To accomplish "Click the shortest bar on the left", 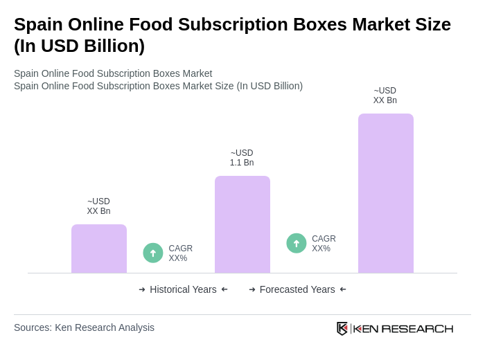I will pos(99,249).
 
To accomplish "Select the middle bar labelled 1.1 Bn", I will pos(242,224).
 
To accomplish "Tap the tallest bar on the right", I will pos(385,193).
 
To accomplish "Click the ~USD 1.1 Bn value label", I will pos(242,158).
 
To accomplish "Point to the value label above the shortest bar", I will pos(98,206).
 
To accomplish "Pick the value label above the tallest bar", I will pos(385,96).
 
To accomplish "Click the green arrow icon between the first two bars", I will pos(153,253).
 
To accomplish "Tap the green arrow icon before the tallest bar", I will pos(297,243).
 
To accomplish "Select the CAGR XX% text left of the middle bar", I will pos(180,253).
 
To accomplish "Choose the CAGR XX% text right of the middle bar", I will pos(324,244).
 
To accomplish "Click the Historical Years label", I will pos(183,289).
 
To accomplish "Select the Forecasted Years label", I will pos(297,289).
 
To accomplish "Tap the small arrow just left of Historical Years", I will pos(142,289).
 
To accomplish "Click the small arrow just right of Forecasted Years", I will pos(343,289).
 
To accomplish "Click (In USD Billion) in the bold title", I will pos(79,46).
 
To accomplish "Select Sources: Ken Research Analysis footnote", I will pos(84,327).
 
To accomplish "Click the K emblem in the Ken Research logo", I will pos(342,328).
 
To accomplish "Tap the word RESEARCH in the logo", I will pos(417,328).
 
